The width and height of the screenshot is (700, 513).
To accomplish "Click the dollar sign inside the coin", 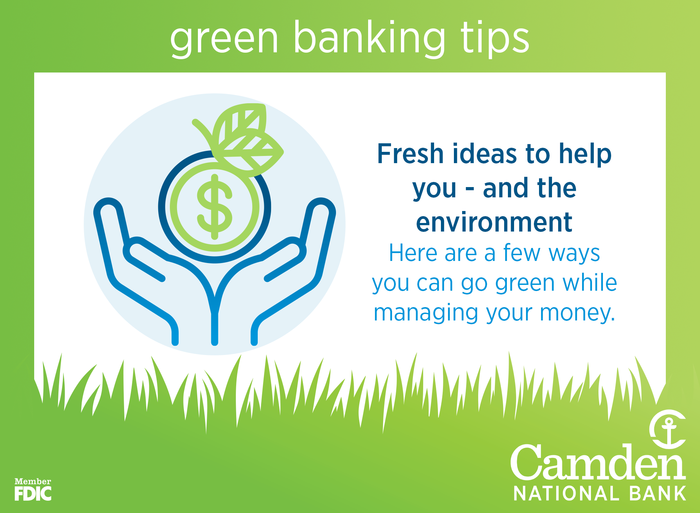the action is pos(215,207).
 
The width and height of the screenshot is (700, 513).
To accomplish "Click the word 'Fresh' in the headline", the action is pos(410,154).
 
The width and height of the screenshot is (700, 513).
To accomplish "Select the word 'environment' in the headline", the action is pos(494,222).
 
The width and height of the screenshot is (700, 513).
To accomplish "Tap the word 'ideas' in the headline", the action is pos(485,154).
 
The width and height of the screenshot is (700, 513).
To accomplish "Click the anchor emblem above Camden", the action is pos(668,429).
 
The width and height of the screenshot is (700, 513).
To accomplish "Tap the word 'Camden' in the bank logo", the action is pos(598,463).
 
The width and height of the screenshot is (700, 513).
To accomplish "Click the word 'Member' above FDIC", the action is pos(33,482).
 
